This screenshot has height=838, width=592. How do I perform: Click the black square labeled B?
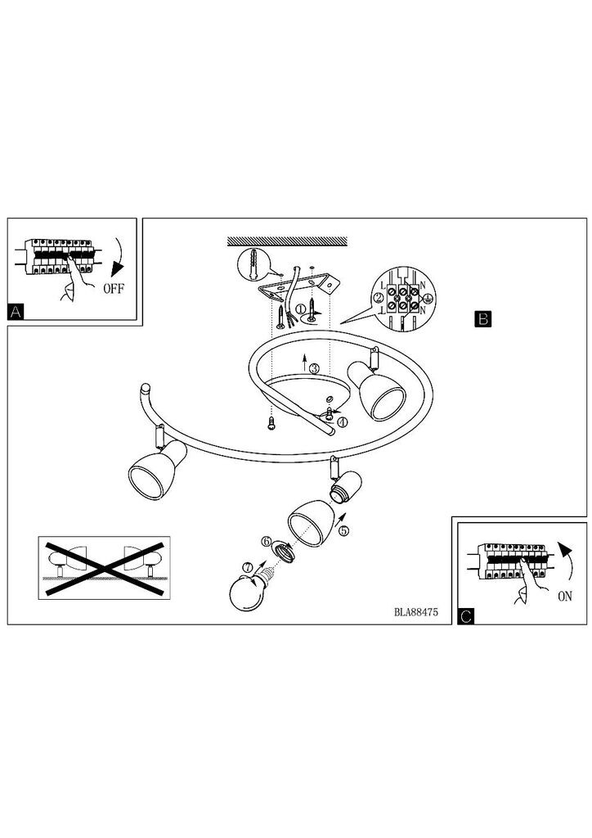(x=482, y=318)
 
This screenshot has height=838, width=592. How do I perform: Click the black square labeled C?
(x=465, y=616)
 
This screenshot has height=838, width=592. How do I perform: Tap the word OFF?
(x=114, y=289)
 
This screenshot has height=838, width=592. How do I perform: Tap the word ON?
(x=565, y=597)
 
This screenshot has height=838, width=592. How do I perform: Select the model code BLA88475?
(x=416, y=612)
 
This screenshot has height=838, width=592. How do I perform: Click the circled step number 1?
(x=301, y=309)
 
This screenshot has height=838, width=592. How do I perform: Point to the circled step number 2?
(x=379, y=298)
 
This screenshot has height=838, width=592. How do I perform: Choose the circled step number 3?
(x=315, y=368)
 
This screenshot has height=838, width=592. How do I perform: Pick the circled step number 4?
(x=342, y=421)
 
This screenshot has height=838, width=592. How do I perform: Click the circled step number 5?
(x=343, y=530)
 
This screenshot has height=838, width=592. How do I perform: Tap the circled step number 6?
(x=267, y=541)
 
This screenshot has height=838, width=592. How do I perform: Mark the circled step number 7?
(x=246, y=567)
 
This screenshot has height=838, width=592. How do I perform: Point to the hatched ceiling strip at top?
(x=287, y=241)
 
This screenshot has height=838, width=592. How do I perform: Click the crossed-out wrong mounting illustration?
(x=105, y=568)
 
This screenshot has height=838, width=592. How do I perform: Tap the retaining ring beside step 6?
(x=285, y=552)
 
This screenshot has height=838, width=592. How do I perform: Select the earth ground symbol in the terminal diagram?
(x=427, y=300)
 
